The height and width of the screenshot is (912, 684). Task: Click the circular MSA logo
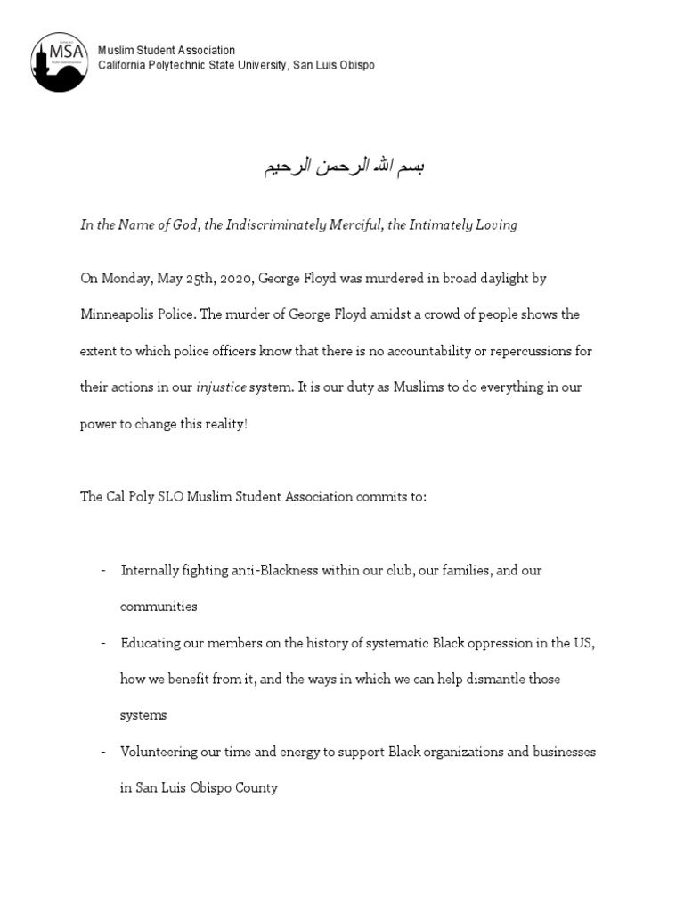(x=60, y=61)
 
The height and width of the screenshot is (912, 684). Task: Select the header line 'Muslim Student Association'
(x=167, y=51)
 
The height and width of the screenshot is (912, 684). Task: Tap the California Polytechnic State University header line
(x=236, y=66)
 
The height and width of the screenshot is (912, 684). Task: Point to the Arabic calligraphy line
(x=343, y=167)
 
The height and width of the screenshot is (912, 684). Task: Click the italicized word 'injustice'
(x=221, y=387)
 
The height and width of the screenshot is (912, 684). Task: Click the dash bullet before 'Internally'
(x=103, y=570)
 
